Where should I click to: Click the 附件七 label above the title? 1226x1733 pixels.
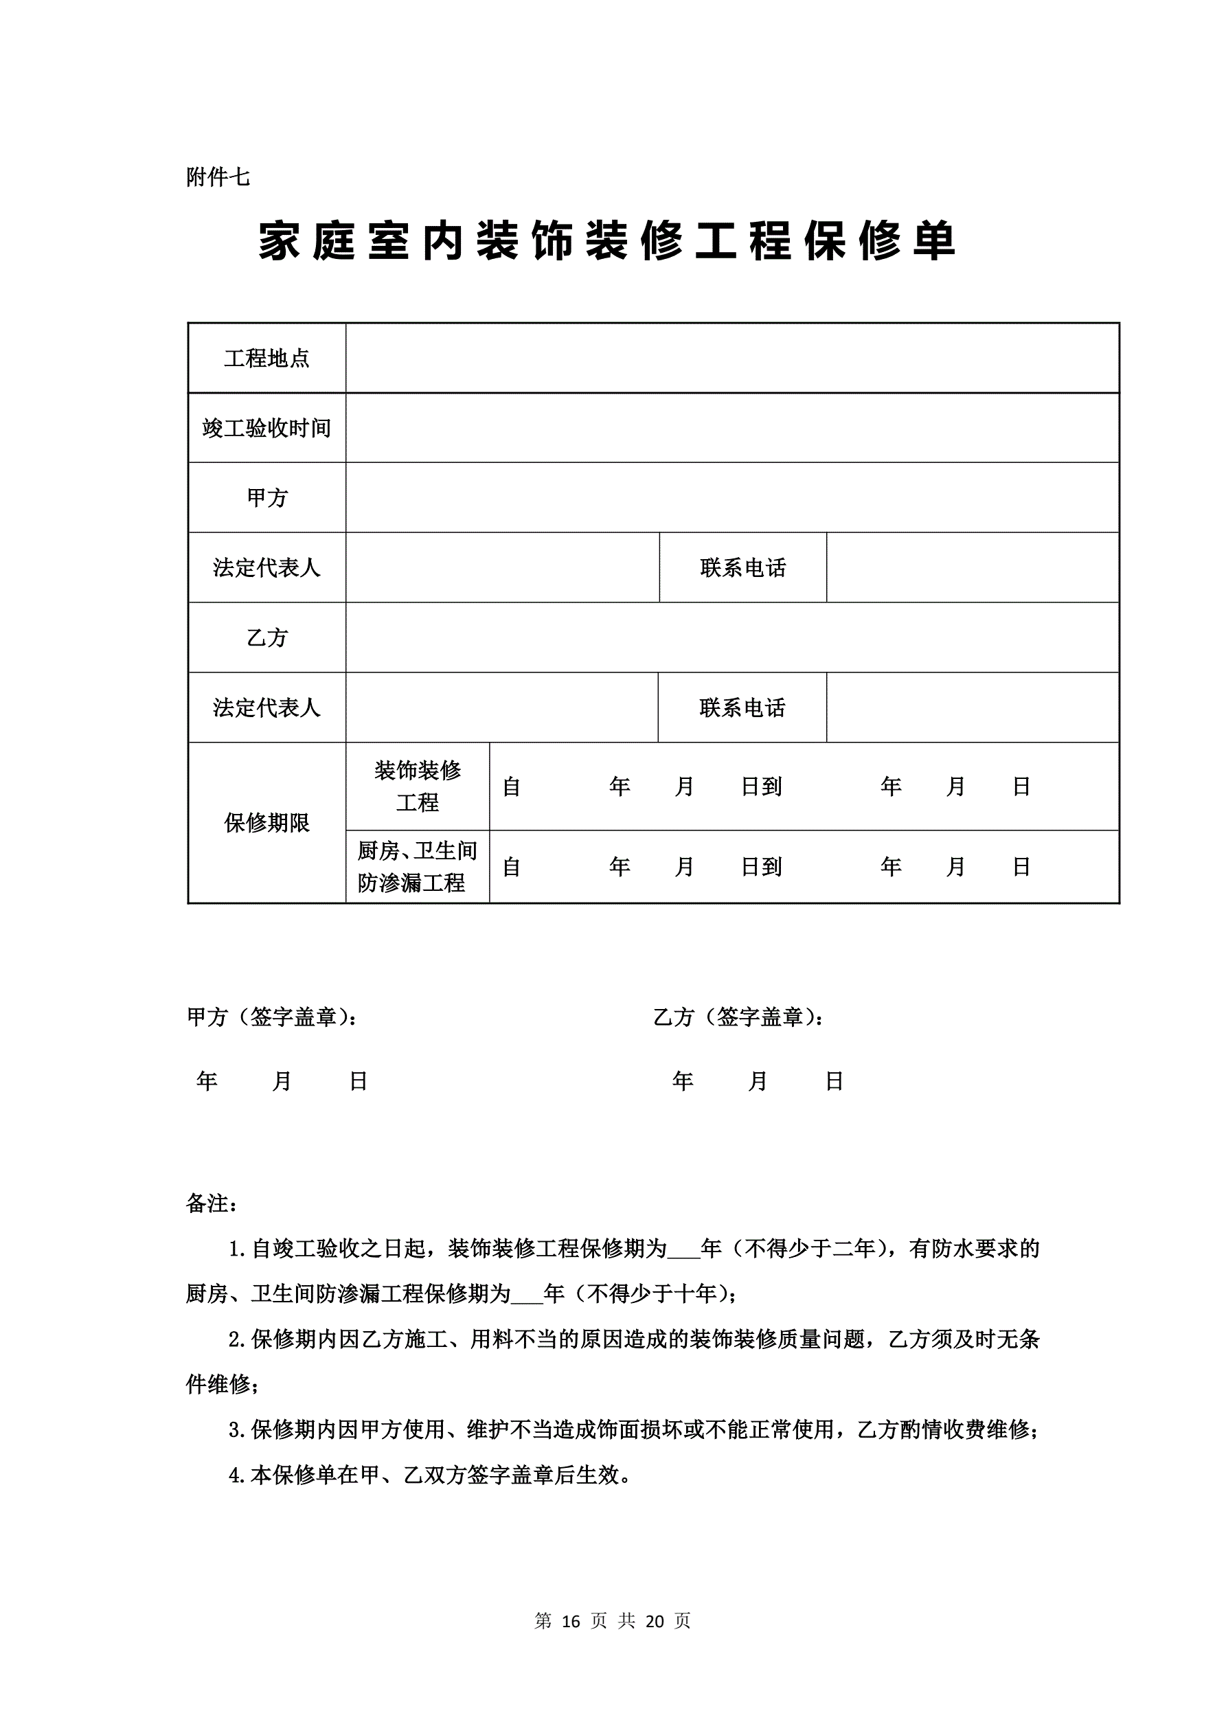[x=218, y=177]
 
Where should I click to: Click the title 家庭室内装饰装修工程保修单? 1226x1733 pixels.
[x=608, y=242]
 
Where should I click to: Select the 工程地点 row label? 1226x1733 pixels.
[x=266, y=358]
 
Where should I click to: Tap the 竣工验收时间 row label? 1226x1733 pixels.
[x=266, y=428]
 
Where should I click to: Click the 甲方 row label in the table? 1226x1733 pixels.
[x=266, y=497]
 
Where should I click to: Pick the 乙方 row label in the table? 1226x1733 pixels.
[x=266, y=638]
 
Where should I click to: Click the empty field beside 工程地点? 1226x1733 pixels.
[x=731, y=358]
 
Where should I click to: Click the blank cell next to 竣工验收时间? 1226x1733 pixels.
[x=731, y=428]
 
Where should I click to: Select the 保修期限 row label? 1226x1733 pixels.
[x=266, y=823]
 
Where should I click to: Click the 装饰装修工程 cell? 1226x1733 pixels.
[x=418, y=786]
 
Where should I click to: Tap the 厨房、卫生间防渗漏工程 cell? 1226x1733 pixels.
[x=418, y=867]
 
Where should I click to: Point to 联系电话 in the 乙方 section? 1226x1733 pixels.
[x=742, y=707]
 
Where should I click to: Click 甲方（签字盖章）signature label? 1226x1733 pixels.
[x=272, y=1017]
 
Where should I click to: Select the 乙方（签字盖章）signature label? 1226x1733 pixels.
[x=738, y=1017]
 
